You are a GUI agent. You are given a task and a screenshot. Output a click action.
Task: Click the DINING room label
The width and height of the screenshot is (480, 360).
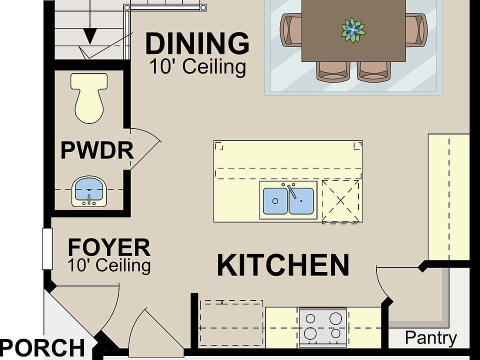pos(197,44)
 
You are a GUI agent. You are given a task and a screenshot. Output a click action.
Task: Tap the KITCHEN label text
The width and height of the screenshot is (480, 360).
pos(283,265)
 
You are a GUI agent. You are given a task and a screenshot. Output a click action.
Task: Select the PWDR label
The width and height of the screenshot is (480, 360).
pos(97,150)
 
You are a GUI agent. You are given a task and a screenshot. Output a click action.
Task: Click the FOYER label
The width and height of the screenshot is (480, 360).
pos(109,247)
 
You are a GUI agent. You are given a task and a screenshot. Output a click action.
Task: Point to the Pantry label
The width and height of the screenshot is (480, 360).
pos(430,338)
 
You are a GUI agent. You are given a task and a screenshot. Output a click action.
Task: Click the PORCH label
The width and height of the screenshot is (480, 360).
pos(42,348)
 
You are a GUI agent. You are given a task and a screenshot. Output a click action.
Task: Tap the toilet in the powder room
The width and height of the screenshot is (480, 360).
pos(89,98)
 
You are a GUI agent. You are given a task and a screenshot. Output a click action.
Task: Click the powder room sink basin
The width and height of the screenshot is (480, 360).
pos(89,191)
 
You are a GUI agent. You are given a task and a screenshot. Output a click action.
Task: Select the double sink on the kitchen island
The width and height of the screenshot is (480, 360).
pos(288,200)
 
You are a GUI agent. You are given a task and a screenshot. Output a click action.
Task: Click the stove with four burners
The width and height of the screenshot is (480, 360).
pos(323,327)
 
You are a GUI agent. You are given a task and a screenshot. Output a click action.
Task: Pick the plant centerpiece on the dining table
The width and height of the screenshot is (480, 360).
pos(353,30)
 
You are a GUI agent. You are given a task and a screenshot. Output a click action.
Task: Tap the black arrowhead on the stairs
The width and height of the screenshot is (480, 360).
pos(90,36)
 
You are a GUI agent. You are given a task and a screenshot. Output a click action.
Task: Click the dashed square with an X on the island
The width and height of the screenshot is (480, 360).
pos(340,201)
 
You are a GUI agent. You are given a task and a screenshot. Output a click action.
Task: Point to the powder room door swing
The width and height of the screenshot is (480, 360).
pos(145,149)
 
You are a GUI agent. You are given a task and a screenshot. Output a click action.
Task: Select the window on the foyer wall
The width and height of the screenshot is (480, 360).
pos(47,249)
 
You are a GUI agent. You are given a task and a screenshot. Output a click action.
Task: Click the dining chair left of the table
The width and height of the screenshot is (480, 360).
pos(291,30)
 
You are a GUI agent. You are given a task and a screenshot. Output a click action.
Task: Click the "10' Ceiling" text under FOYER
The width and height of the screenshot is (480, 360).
pos(109,265)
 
